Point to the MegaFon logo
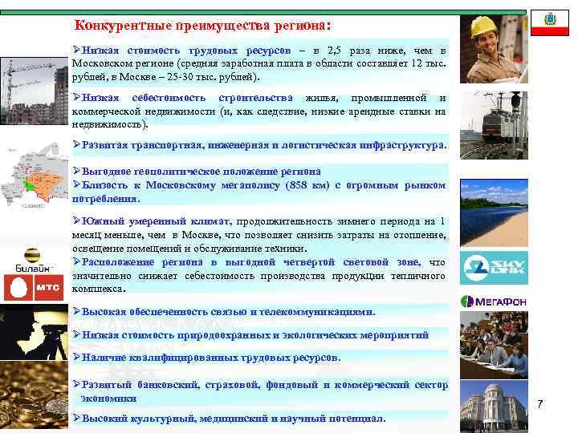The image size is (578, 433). (x=494, y=301)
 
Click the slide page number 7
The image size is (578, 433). (x=539, y=403)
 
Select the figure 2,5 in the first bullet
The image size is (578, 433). (x=351, y=50)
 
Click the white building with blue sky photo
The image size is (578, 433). (x=494, y=401)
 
